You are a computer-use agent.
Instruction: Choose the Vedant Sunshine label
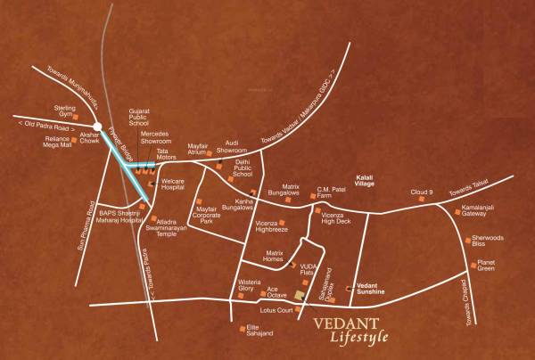[x=375, y=282]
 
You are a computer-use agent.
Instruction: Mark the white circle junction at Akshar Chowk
[x=99, y=127]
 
